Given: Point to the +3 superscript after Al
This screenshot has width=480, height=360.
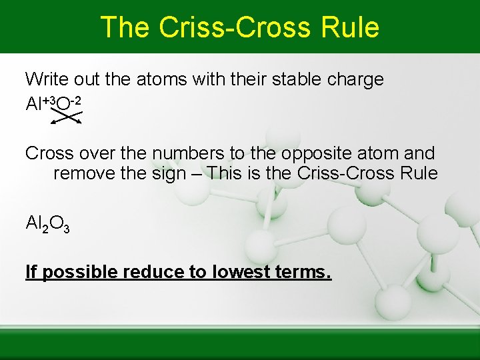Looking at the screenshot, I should pos(49,101).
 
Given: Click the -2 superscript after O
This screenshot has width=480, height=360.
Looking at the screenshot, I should pos(77,101).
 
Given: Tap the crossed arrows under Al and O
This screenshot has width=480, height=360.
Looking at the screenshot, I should pos(67,117).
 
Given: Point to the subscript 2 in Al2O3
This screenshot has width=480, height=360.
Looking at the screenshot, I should pos(43,229).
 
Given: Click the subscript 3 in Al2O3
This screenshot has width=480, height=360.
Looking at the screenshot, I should pos(65,229).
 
